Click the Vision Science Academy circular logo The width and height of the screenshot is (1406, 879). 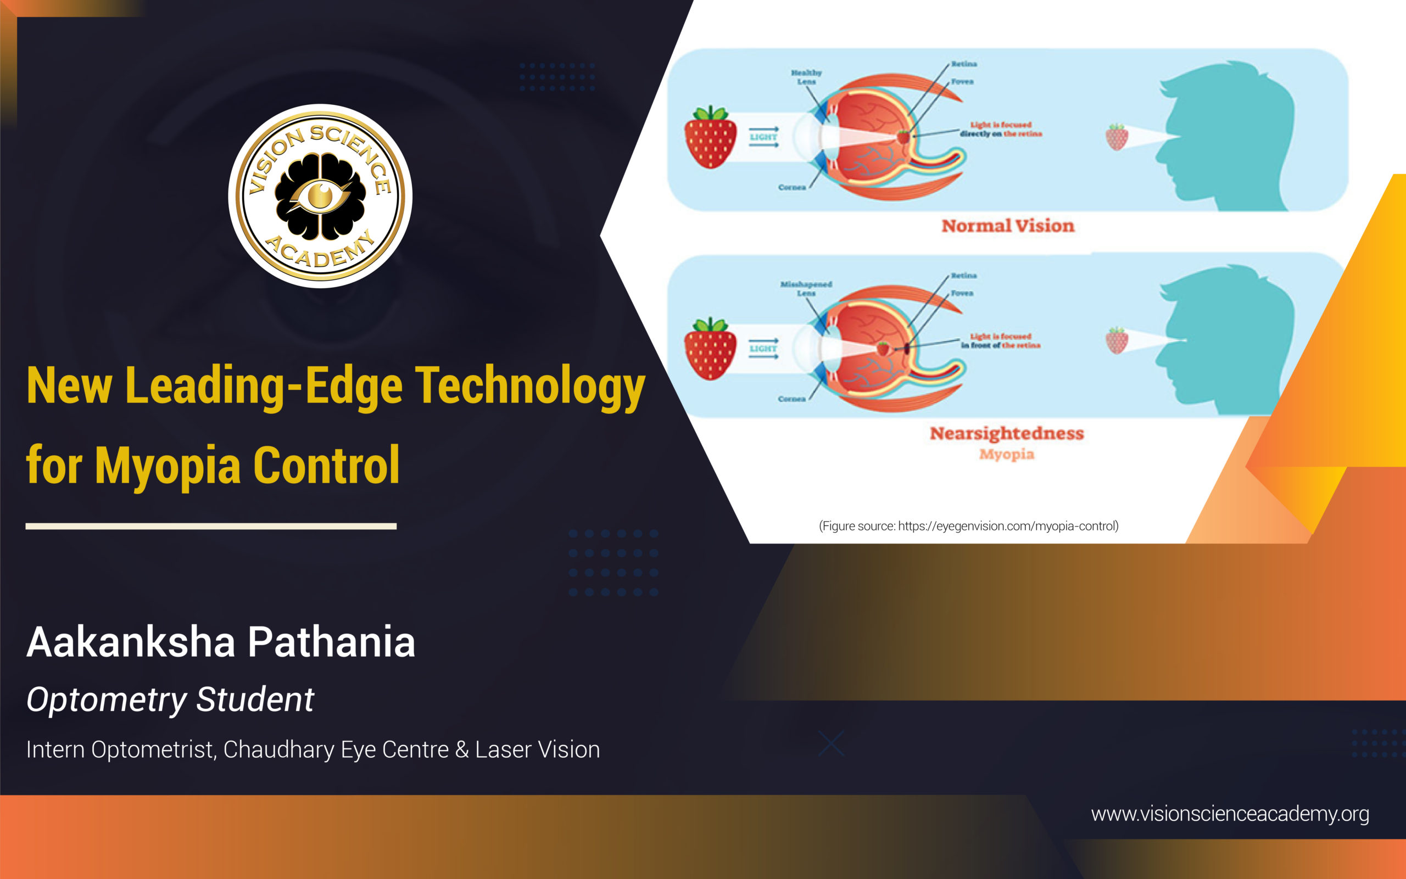coord(320,196)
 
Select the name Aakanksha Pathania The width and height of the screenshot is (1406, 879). coord(221,642)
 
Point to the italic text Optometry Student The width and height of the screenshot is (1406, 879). coord(170,699)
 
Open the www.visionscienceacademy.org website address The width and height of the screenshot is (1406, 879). coord(1229,814)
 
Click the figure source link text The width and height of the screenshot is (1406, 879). coord(968,526)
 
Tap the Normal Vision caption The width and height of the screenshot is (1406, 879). coord(1008,226)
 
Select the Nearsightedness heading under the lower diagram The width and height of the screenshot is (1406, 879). coord(1007,433)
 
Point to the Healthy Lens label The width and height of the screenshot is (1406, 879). coord(806,77)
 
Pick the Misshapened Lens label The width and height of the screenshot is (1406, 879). coord(806,288)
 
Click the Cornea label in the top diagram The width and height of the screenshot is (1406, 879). coord(792,187)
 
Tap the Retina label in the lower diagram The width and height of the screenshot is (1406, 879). coord(963,276)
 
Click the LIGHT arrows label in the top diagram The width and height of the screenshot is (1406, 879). coord(763,137)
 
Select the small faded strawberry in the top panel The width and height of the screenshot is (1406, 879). coord(1117,137)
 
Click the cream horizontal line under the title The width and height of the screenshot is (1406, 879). coord(211,526)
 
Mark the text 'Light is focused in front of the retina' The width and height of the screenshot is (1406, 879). coord(1000,340)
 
